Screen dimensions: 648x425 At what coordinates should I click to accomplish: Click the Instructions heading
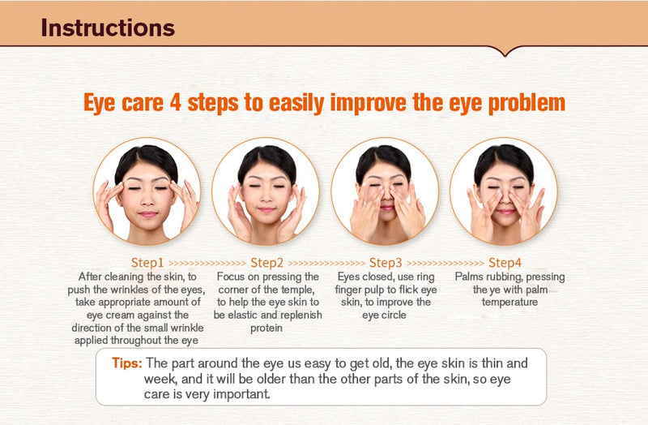108,28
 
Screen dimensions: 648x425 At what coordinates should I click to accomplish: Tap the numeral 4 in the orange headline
176,102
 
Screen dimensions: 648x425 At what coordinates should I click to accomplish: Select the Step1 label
147,263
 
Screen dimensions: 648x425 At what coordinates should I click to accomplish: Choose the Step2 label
267,263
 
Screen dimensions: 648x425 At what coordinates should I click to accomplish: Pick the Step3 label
386,263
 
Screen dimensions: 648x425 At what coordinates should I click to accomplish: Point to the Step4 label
505,263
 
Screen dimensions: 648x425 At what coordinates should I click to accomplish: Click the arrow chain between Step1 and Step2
207,264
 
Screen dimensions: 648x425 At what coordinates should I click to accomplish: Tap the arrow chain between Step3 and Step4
445,264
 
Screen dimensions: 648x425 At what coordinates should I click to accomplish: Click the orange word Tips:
127,363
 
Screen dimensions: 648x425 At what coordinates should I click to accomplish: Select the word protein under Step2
266,328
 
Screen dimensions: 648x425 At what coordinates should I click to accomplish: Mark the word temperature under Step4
509,302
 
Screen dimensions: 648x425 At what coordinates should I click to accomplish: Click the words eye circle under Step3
384,316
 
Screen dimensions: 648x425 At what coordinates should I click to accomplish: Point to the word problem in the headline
527,103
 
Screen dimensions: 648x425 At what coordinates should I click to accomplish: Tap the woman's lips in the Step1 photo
148,214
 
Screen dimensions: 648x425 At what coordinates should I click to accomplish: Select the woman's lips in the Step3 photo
387,207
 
